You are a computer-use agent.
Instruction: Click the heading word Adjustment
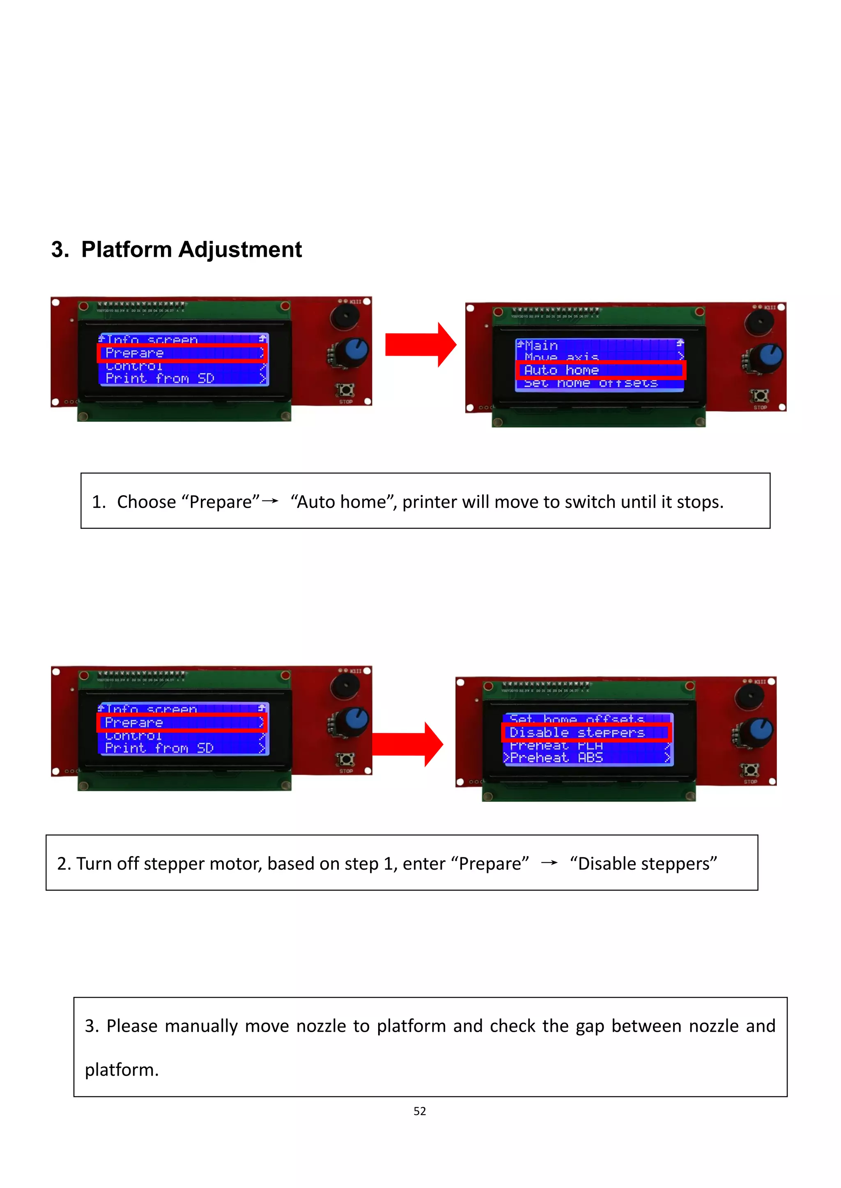pyautogui.click(x=240, y=250)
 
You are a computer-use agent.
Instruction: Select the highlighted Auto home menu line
pyautogui.click(x=601, y=370)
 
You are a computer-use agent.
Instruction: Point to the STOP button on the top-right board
pyautogui.click(x=760, y=396)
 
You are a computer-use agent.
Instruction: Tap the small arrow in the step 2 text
pyautogui.click(x=549, y=863)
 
